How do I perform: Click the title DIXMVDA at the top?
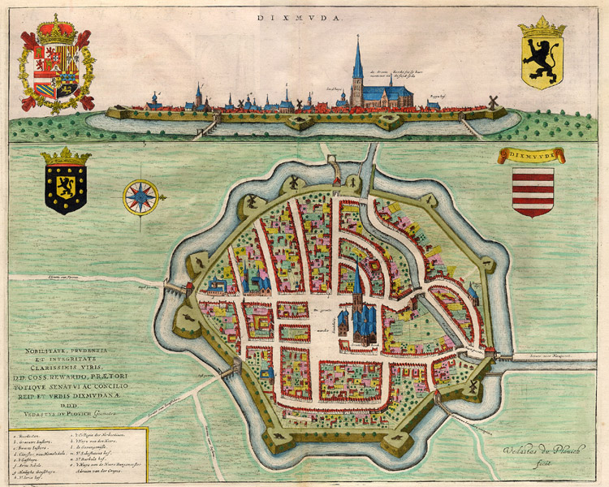point(304,15)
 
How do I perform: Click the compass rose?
point(140,197)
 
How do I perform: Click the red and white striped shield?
point(533,192)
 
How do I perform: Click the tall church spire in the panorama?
point(357,61)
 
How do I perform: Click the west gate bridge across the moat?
point(175,288)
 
